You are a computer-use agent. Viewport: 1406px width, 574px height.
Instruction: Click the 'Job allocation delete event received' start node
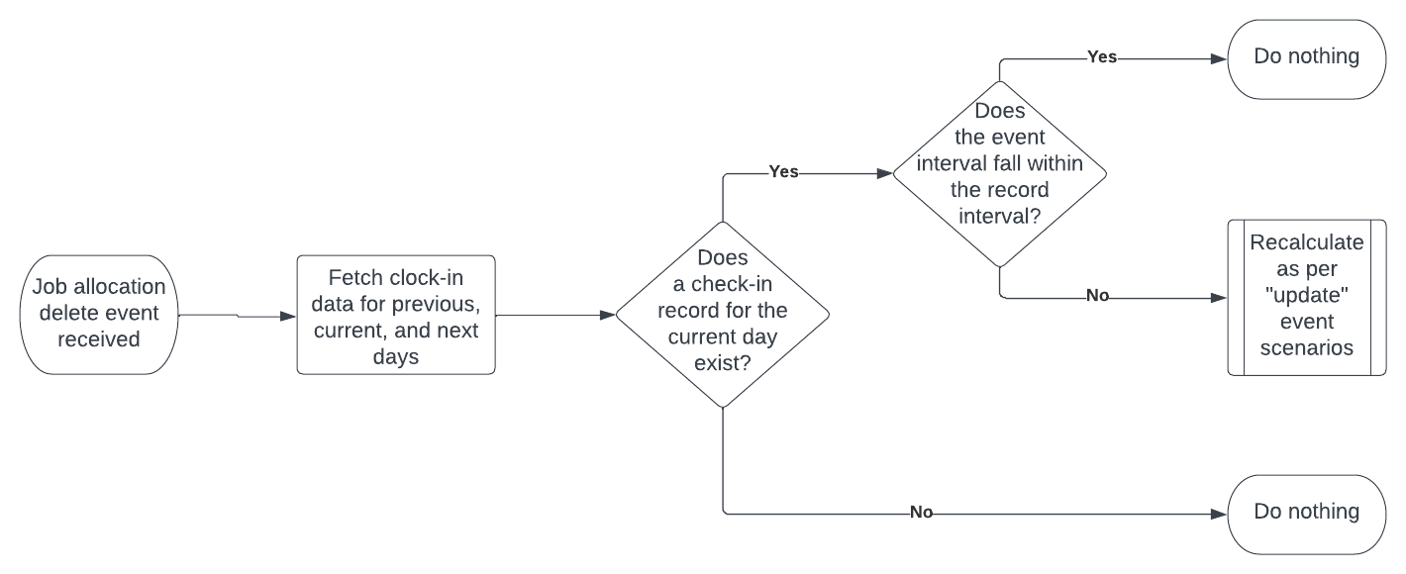(99, 315)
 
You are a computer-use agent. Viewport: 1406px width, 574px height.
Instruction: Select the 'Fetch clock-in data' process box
(395, 315)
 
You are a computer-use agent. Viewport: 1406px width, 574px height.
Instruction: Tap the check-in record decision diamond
(722, 315)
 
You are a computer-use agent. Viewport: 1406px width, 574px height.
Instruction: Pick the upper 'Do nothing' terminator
(1306, 56)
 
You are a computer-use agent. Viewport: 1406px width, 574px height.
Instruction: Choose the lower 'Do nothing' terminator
(1306, 513)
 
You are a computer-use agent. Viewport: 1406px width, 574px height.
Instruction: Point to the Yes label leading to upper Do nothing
(1102, 57)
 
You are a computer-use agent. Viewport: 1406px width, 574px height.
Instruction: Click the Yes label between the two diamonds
(783, 173)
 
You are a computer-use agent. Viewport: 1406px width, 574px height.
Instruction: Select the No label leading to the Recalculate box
(1097, 296)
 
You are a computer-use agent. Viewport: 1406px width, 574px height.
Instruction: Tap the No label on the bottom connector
(921, 513)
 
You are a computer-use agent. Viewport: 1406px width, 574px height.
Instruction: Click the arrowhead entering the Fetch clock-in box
(289, 316)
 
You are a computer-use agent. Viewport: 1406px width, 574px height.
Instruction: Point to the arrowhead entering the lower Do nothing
(1220, 514)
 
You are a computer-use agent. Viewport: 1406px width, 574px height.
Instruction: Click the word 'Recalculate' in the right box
(1306, 243)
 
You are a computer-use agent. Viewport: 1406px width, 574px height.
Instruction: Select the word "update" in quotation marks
(1306, 296)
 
